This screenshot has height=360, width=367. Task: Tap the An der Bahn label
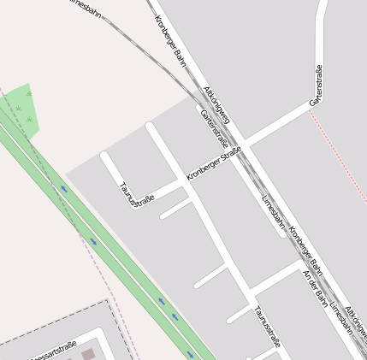coord(315,291)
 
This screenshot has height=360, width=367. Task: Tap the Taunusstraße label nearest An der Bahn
coord(267,327)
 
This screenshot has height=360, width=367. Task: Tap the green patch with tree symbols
coord(22,108)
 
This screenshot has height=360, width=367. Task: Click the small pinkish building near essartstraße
coord(89,353)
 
